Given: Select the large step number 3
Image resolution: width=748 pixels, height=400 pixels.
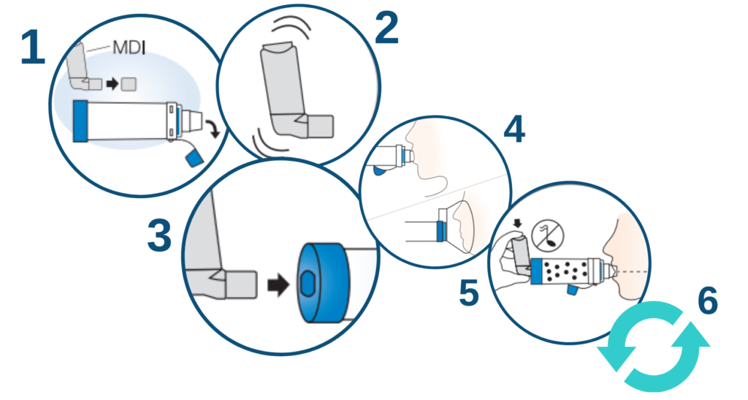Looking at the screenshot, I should (x=159, y=237).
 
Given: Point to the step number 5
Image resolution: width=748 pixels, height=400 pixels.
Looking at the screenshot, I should (x=469, y=292).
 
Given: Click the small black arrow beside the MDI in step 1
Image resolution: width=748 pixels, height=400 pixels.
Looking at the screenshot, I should (x=112, y=85).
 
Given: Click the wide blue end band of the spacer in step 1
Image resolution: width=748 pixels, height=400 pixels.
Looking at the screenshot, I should (x=80, y=120).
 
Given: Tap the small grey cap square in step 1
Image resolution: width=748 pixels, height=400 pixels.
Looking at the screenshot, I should (x=129, y=85).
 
